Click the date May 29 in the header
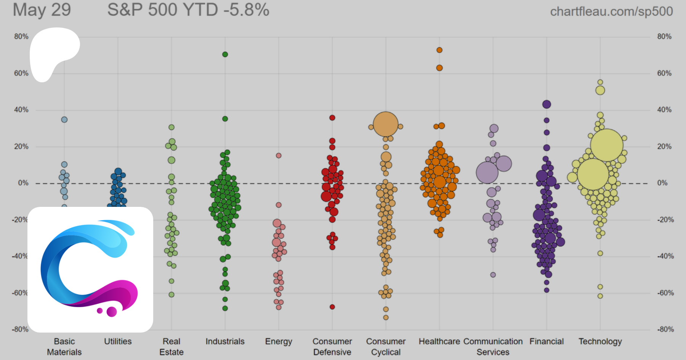tap(42, 10)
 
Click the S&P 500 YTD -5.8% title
tap(188, 10)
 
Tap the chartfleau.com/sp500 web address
tap(611, 11)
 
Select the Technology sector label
tap(600, 341)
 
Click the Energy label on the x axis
tap(279, 341)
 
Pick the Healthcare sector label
tap(439, 341)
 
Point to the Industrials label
tap(225, 341)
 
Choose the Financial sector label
tap(546, 341)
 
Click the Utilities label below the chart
tap(118, 341)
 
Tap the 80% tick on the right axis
tap(664, 37)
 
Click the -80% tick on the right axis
tap(665, 330)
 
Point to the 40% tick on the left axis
tap(21, 110)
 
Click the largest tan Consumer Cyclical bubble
tap(386, 124)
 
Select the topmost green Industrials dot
tap(225, 54)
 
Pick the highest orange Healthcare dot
tap(439, 50)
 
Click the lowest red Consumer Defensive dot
tap(332, 307)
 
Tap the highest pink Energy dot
tap(279, 155)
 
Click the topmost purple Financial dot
tap(547, 104)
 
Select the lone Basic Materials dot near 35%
tap(64, 120)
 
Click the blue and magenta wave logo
tap(90, 269)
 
